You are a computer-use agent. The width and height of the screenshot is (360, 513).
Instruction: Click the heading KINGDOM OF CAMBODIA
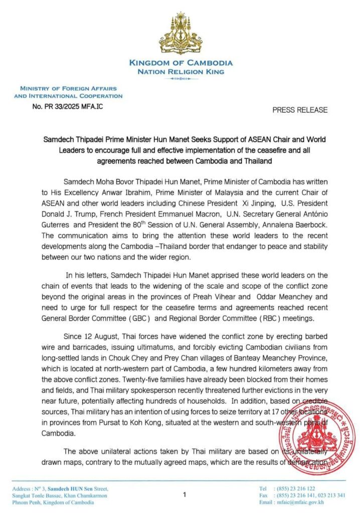click(181, 63)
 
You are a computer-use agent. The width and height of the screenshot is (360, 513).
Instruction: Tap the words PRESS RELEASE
click(300, 110)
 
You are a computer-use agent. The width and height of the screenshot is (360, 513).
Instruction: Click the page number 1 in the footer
click(185, 495)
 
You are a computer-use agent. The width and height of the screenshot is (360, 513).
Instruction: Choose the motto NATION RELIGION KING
click(181, 72)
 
